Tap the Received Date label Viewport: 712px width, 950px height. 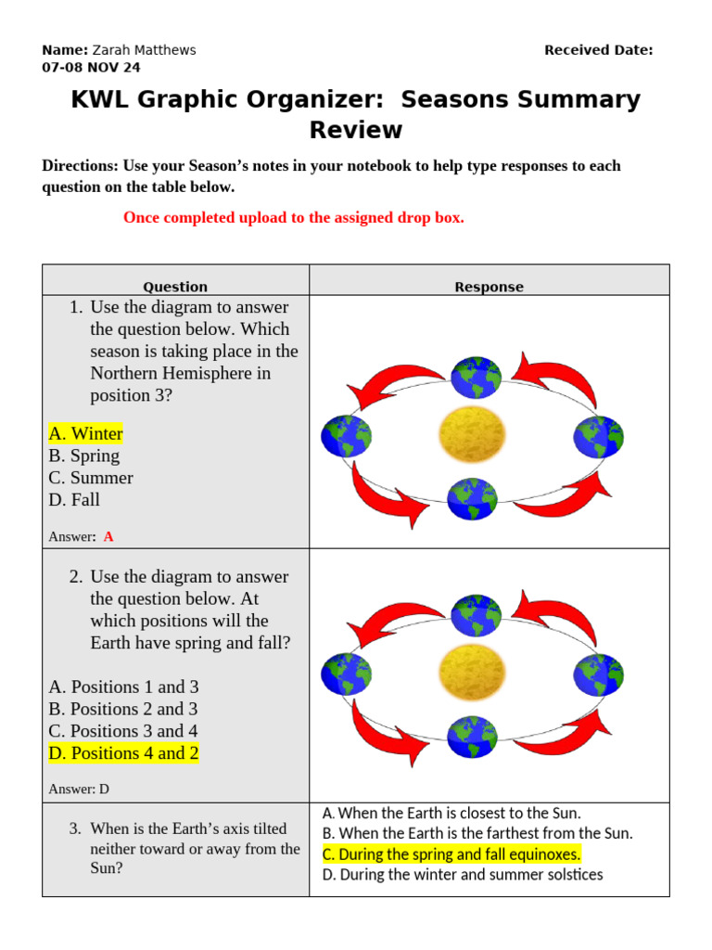click(x=598, y=50)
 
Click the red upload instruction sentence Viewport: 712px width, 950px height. click(x=293, y=218)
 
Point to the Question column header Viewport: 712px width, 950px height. click(x=175, y=287)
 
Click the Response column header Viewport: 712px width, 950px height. click(x=489, y=287)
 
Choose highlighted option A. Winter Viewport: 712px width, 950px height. click(x=85, y=433)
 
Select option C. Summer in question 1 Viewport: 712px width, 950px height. click(x=90, y=478)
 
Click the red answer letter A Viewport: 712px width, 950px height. click(x=108, y=536)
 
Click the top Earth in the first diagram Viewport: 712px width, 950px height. click(x=476, y=377)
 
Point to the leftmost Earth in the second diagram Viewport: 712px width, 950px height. click(x=346, y=674)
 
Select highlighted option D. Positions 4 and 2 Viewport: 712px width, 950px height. click(x=123, y=753)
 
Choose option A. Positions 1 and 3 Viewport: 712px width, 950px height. click(x=123, y=687)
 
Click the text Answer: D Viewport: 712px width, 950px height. click(x=79, y=790)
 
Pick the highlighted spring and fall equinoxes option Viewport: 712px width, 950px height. click(x=451, y=854)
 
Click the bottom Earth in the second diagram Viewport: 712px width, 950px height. click(x=473, y=737)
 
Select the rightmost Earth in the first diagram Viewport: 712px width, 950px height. click(x=598, y=436)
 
